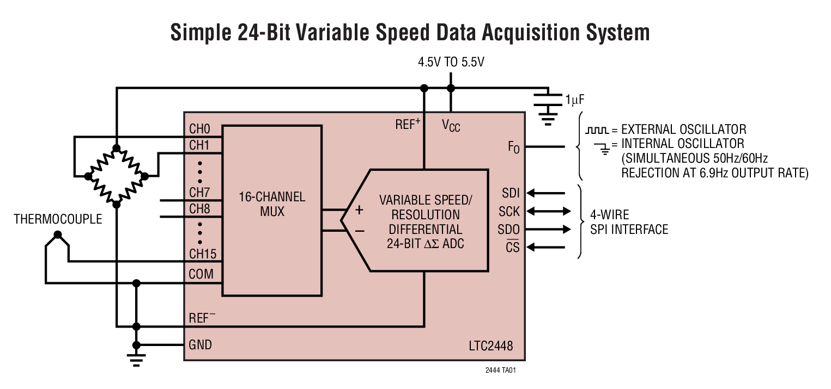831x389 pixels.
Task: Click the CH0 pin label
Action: click(x=199, y=129)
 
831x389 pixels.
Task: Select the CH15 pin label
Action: click(x=203, y=254)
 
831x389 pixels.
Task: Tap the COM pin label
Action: click(x=201, y=274)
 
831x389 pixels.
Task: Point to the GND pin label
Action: click(x=200, y=345)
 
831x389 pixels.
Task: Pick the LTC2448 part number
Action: click(x=490, y=346)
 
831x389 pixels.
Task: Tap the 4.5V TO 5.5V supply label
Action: click(x=451, y=62)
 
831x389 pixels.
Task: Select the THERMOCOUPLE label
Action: click(x=58, y=219)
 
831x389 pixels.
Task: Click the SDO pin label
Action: click(x=508, y=229)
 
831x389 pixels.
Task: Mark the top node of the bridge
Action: click(x=116, y=148)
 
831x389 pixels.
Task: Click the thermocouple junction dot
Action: click(x=57, y=235)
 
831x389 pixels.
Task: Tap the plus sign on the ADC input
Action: click(x=359, y=210)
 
